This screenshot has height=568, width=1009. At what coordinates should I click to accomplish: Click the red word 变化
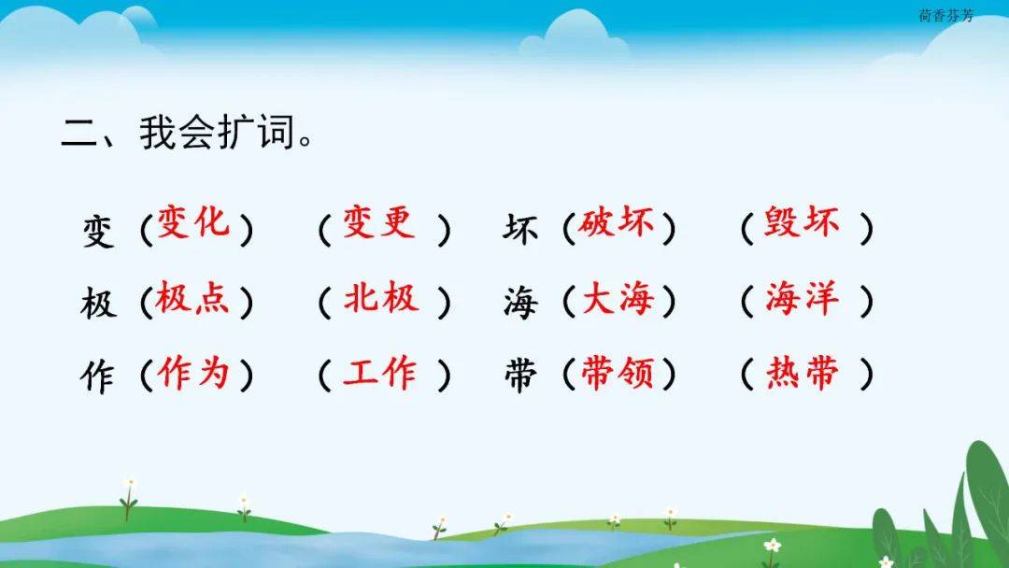193,222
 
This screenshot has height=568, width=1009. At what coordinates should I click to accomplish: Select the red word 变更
378,222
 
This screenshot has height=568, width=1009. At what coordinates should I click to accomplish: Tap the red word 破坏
616,222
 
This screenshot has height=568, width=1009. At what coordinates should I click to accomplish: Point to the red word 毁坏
802,222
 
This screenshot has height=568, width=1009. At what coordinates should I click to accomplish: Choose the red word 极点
192,297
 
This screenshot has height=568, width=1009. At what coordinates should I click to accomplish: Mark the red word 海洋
803,298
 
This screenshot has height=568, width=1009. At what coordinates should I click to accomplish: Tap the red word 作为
193,373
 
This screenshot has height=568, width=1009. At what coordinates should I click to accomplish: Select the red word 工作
379,373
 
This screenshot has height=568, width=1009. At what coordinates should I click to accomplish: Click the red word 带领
618,373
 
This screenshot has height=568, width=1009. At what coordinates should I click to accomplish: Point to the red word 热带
803,373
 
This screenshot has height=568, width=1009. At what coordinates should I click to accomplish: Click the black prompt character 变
98,231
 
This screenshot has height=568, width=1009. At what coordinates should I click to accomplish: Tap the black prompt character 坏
520,229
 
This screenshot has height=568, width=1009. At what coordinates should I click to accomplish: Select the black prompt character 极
98,303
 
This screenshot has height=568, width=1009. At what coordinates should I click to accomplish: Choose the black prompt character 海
520,303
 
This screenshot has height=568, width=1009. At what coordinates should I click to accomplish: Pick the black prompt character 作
98,376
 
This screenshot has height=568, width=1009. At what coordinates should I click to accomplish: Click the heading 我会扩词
218,133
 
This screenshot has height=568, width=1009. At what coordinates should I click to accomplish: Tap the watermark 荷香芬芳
945,16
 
